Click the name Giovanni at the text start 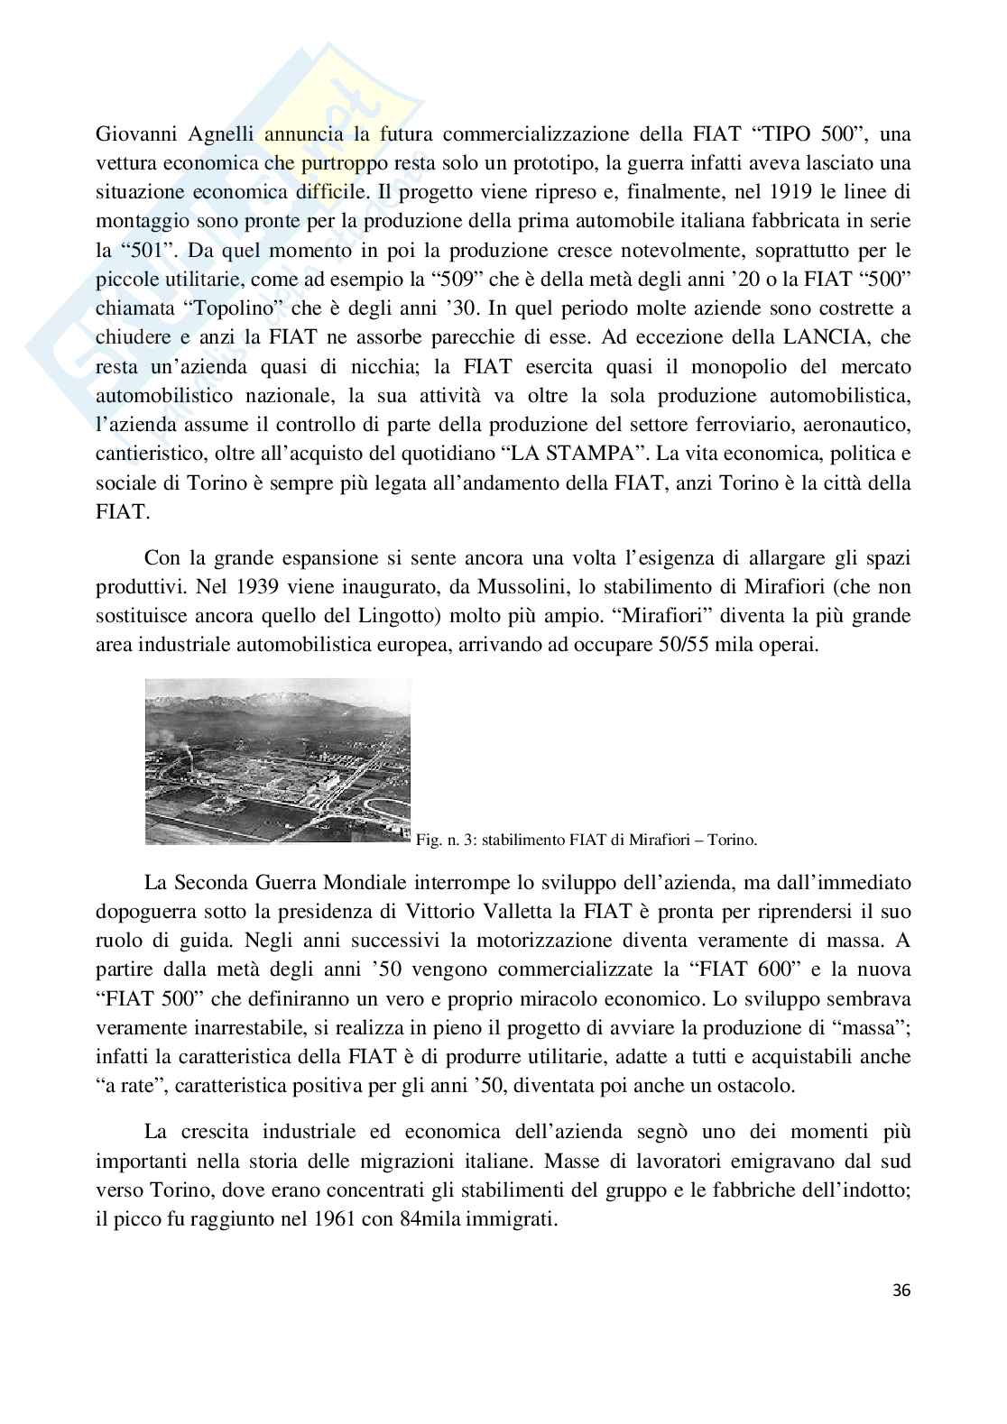134,135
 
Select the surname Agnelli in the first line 221,135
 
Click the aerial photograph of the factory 277,760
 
